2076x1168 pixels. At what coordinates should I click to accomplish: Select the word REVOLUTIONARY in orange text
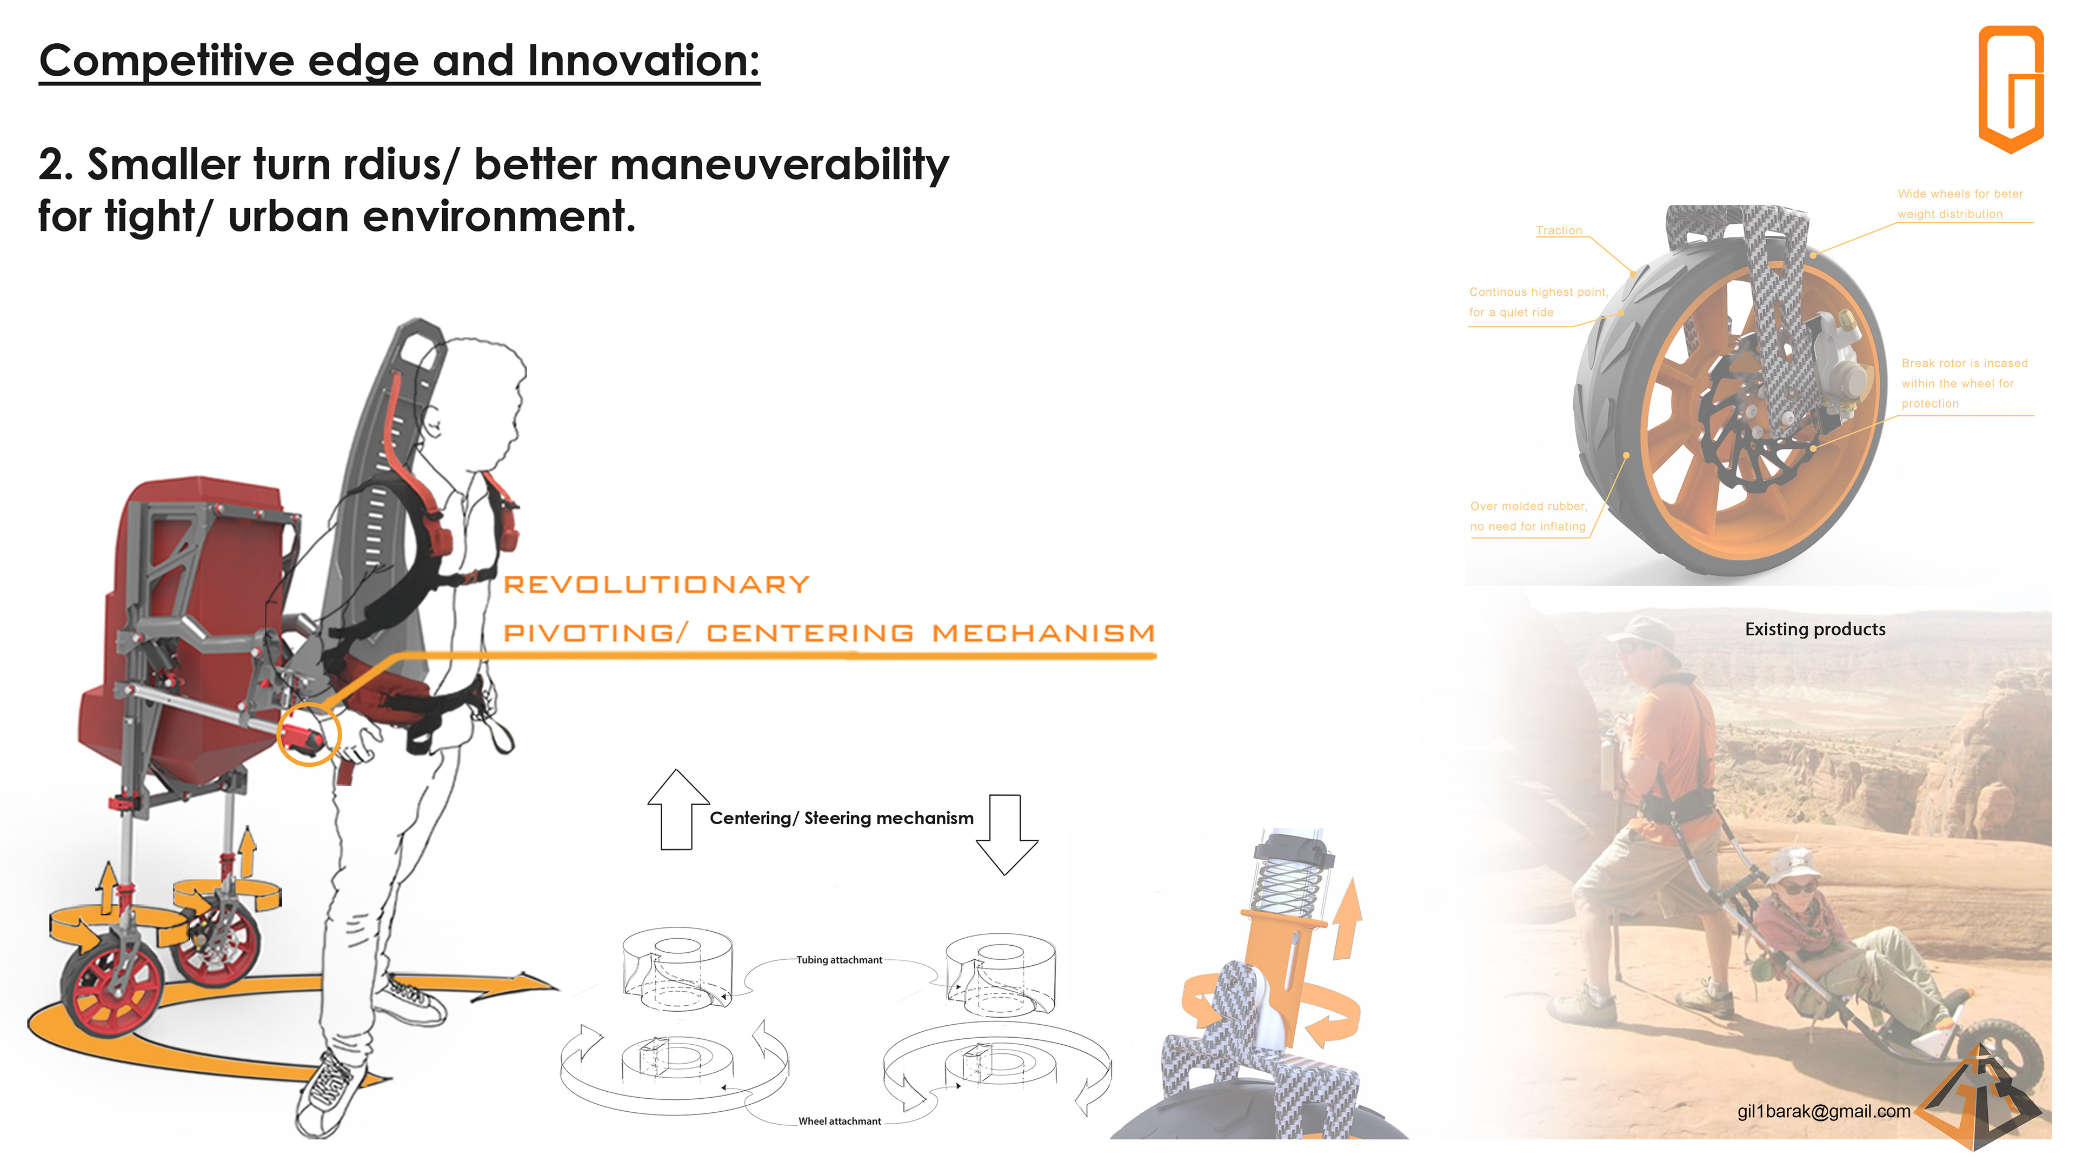[656, 585]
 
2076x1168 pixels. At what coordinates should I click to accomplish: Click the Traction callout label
[1559, 230]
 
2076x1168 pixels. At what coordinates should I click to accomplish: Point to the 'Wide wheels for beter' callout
[1960, 194]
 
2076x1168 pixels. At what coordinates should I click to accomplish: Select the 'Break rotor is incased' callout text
[1965, 363]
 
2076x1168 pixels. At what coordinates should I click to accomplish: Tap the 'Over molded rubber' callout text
[1528, 506]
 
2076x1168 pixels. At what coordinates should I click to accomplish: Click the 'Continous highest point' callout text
[1538, 292]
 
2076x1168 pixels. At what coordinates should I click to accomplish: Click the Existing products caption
[1815, 629]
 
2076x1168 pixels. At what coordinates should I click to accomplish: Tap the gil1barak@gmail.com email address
[1824, 1112]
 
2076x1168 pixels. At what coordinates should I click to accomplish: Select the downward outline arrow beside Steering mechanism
[1006, 835]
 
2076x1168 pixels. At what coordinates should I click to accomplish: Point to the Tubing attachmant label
[839, 960]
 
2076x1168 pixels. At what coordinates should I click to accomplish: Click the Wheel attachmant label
[840, 1121]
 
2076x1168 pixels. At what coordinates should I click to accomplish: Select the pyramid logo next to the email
[1979, 1096]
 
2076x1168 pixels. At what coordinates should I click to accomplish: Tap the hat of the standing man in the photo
[1644, 631]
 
